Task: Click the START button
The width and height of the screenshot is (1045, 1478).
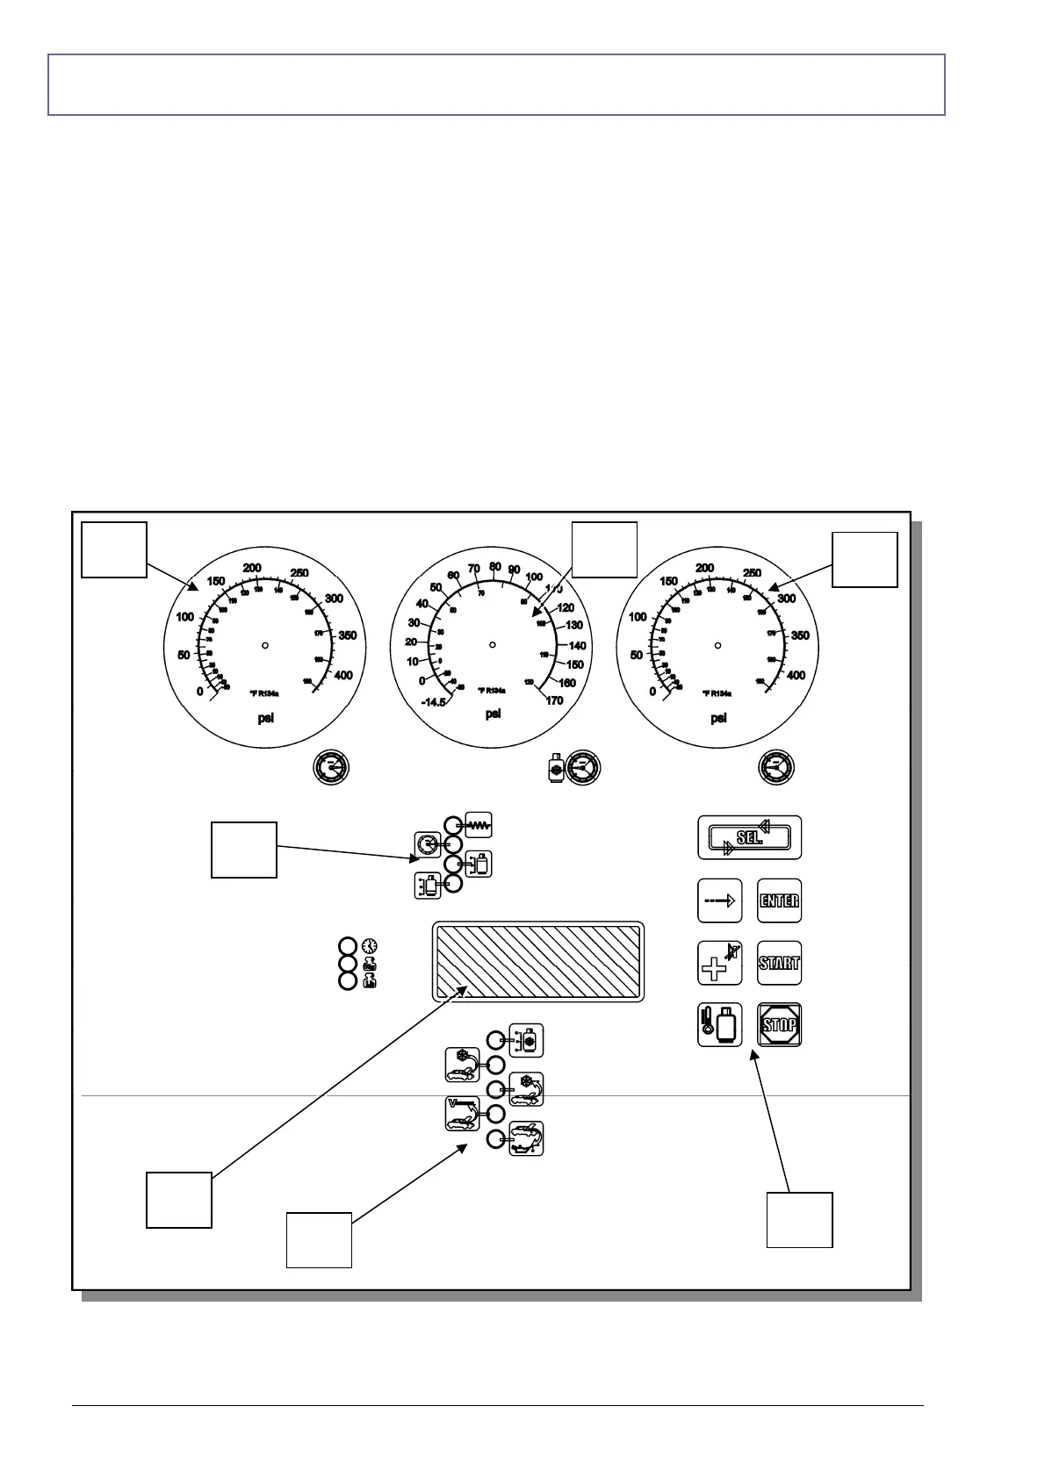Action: [x=779, y=963]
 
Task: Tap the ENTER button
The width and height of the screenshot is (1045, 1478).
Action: [x=779, y=901]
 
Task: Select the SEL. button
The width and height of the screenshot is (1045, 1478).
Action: [x=749, y=837]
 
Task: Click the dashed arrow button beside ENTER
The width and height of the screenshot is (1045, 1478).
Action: [x=720, y=901]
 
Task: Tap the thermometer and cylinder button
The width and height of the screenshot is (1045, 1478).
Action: [x=720, y=1024]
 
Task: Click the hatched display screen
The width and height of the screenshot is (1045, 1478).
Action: [x=538, y=961]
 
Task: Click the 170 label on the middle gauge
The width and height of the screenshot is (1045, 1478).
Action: [x=553, y=700]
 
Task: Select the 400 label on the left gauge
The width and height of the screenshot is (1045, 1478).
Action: [x=343, y=676]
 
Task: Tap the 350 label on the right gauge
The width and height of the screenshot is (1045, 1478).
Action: [x=800, y=635]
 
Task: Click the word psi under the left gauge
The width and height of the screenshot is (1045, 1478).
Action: [x=265, y=718]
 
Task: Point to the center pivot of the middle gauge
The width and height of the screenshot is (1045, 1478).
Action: [x=493, y=645]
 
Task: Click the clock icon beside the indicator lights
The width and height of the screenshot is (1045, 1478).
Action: [x=370, y=945]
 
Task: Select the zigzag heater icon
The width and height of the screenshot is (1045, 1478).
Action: [x=479, y=825]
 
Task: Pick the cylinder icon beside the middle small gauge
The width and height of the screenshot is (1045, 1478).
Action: [x=554, y=767]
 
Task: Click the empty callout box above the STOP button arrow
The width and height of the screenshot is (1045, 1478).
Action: [x=799, y=1219]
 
